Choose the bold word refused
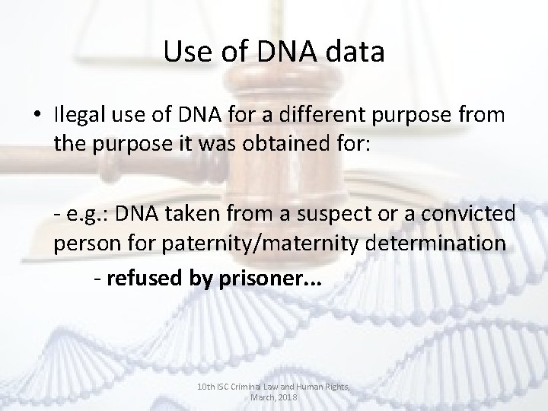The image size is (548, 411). (144, 279)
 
